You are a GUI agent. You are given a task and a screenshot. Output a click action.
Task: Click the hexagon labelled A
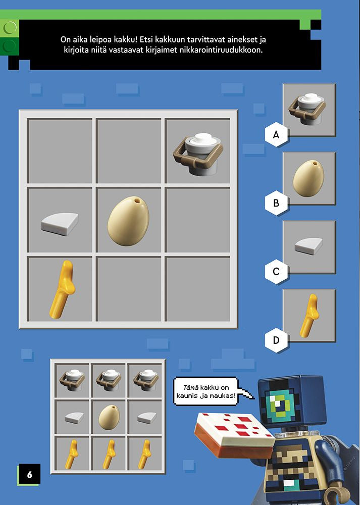(x=276, y=134)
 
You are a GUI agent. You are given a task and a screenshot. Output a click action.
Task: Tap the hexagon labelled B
(x=276, y=203)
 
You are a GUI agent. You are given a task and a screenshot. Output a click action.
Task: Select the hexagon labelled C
(x=276, y=272)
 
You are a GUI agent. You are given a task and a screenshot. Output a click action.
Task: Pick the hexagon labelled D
(x=276, y=340)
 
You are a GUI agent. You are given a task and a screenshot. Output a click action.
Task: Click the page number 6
(x=30, y=474)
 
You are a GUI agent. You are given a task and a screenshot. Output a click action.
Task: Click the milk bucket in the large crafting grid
(x=198, y=154)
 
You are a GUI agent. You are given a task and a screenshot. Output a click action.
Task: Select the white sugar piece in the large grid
(x=60, y=224)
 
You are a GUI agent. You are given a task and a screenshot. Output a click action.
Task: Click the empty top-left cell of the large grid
(x=60, y=150)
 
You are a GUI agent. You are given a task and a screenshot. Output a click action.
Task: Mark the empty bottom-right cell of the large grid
(x=198, y=289)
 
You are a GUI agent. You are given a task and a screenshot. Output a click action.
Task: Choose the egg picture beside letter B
(x=308, y=178)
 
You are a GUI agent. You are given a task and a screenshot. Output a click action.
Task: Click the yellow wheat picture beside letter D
(x=309, y=316)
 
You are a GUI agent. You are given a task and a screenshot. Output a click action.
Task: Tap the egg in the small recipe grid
(x=109, y=417)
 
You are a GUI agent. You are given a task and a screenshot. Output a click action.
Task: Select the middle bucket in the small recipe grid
(x=109, y=380)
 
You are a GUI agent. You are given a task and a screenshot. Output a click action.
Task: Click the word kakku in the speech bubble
(x=210, y=387)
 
